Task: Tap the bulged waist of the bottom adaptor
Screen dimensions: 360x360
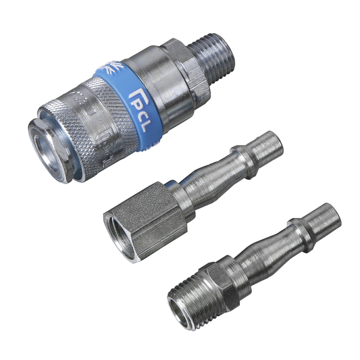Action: pyautogui.click(x=260, y=250)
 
